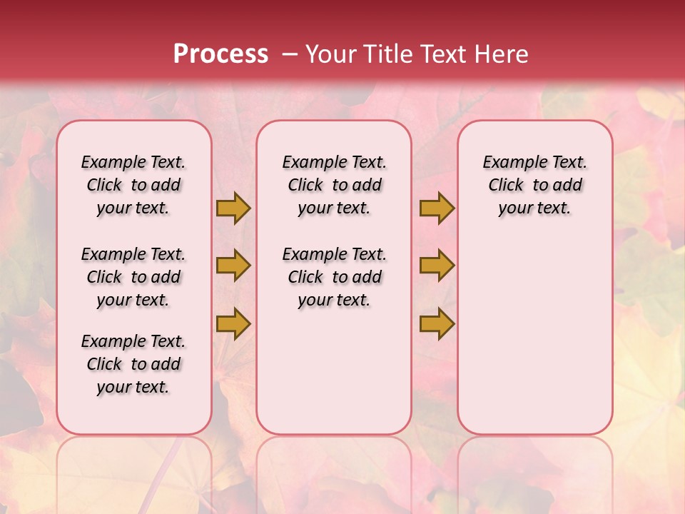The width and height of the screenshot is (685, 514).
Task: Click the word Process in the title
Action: pyautogui.click(x=220, y=54)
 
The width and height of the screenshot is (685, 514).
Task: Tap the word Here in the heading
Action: pyautogui.click(x=501, y=54)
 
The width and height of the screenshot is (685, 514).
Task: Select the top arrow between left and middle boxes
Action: pyautogui.click(x=233, y=208)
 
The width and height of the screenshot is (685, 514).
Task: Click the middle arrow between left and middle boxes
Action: pyautogui.click(x=233, y=266)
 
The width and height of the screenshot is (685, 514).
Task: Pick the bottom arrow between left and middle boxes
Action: pyautogui.click(x=233, y=323)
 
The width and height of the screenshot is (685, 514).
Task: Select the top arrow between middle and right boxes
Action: pyautogui.click(x=437, y=208)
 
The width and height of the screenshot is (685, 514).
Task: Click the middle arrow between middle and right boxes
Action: pyautogui.click(x=437, y=266)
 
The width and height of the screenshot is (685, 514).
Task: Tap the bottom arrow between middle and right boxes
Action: pyautogui.click(x=437, y=323)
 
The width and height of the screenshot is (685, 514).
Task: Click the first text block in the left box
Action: pyautogui.click(x=133, y=185)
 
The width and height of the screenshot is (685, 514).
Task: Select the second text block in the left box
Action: pyautogui.click(x=133, y=277)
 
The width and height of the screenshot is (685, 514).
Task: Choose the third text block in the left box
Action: pyautogui.click(x=133, y=364)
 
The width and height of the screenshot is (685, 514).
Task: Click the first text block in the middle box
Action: pyautogui.click(x=335, y=185)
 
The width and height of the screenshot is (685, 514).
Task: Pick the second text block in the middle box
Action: pyautogui.click(x=335, y=277)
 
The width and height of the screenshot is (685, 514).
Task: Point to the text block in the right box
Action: pyautogui.click(x=535, y=185)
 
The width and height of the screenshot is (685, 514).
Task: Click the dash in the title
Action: pyautogui.click(x=290, y=55)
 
